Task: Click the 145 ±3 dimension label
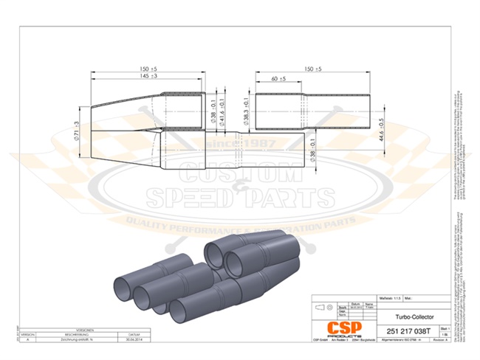146,76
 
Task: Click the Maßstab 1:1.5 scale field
391,298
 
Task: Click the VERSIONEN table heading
80,329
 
